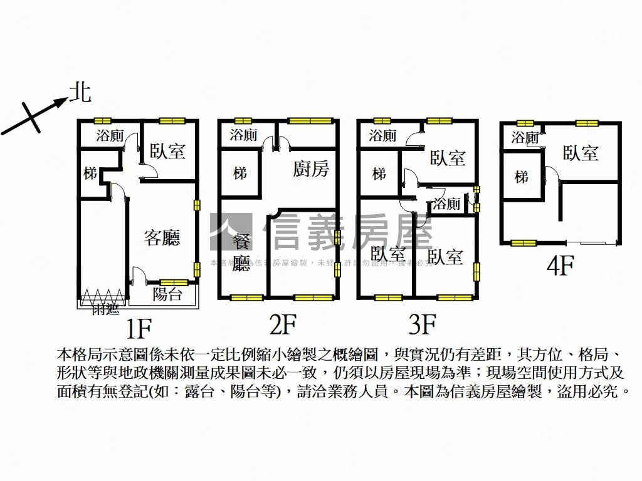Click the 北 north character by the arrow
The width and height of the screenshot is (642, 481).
pos(80,93)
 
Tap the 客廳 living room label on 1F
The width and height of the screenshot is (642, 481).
pos(162,237)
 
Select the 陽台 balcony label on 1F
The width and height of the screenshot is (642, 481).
pos(167,294)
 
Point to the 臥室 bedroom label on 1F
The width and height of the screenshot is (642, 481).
pos(167,151)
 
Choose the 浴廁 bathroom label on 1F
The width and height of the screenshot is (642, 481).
pos(110,135)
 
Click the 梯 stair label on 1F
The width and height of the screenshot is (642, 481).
pos(91,173)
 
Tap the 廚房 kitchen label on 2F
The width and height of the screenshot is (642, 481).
pos(311,168)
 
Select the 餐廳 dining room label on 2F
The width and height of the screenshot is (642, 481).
pos(241,252)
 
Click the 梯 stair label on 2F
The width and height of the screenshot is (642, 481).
pos(239,173)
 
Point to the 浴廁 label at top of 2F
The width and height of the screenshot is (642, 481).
pos(243,135)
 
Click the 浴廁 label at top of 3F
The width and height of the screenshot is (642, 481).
pos(382,135)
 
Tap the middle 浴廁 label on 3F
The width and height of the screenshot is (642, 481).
pos(447,204)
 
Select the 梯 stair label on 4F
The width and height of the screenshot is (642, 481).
pos(522,177)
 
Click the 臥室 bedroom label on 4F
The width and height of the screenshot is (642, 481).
pos(581,153)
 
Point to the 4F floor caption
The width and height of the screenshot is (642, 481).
pos(560,266)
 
